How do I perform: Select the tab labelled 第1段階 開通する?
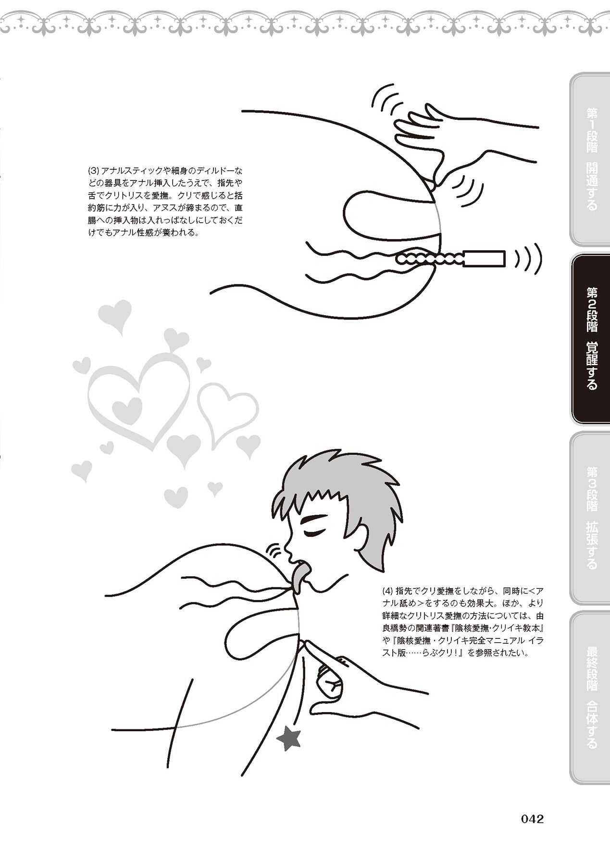[589, 159]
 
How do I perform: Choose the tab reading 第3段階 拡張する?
[589, 518]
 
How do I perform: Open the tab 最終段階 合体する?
[589, 698]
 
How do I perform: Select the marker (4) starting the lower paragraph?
[387, 591]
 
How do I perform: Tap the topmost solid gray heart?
[114, 315]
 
